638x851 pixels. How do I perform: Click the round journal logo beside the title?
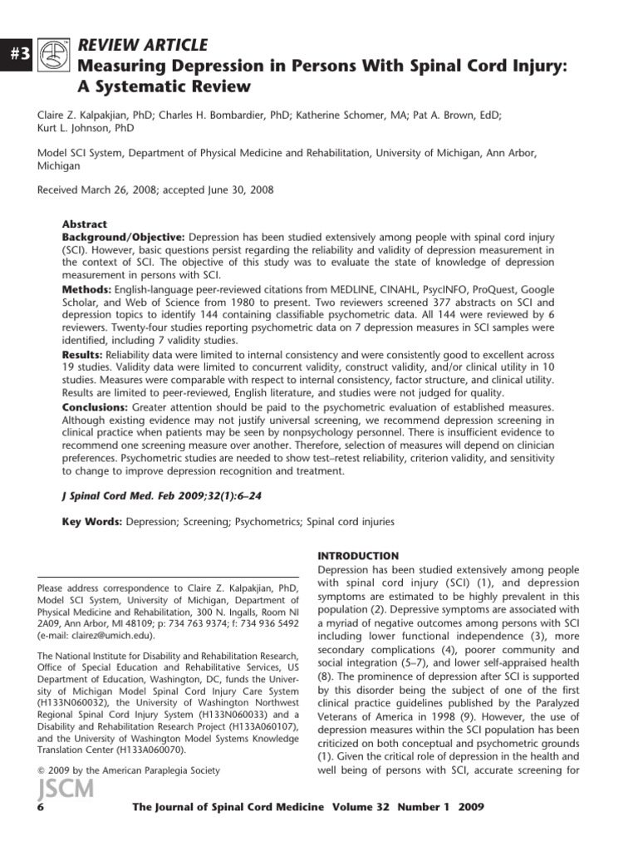54,52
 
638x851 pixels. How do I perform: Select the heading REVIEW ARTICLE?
143,45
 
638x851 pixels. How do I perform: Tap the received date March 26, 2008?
129,189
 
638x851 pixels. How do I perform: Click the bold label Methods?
87,288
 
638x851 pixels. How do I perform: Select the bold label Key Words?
91,522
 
